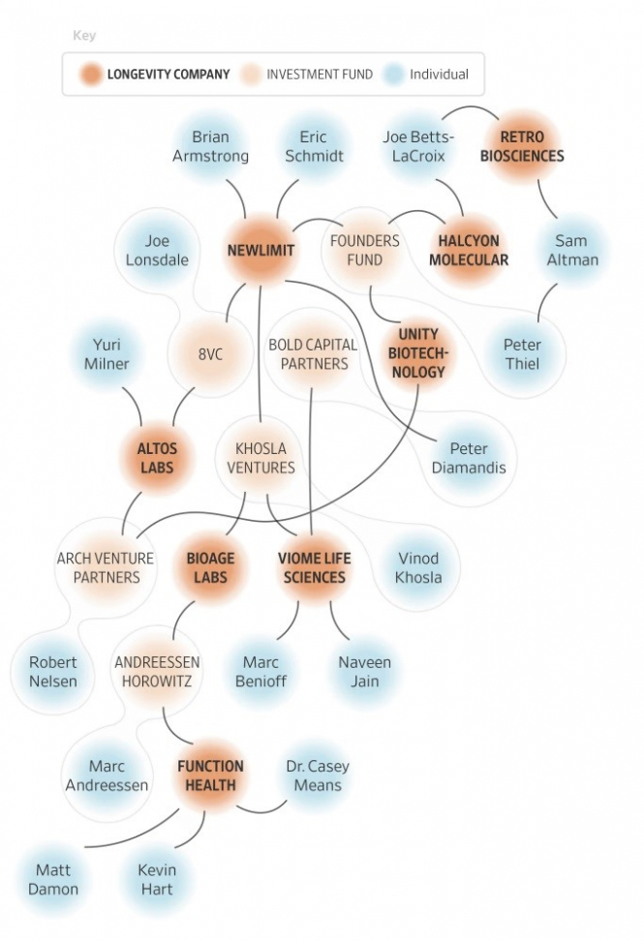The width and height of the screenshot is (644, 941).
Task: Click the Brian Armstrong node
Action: click(210, 146)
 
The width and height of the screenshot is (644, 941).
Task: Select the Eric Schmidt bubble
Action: click(313, 146)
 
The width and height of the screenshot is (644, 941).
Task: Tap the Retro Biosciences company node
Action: click(522, 146)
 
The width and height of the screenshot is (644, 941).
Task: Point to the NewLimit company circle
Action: click(261, 251)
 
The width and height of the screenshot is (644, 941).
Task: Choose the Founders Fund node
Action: click(364, 250)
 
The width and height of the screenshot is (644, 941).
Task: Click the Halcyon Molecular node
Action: click(468, 250)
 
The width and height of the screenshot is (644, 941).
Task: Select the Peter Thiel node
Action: click(522, 354)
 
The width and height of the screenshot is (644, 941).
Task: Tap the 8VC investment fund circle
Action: click(209, 354)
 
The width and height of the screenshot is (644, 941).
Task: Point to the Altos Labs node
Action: click(157, 459)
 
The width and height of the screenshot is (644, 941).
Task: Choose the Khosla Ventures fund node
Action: click(261, 459)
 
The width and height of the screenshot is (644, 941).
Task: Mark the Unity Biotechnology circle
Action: click(417, 354)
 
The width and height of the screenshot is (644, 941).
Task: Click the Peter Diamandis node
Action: click(469, 459)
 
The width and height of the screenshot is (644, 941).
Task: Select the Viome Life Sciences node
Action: click(312, 567)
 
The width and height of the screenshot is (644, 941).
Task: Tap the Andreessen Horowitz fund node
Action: click(157, 672)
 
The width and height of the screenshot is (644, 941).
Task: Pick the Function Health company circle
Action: click(209, 775)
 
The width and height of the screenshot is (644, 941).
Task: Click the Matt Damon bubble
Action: click(53, 879)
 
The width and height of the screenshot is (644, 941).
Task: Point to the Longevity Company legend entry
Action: click(155, 75)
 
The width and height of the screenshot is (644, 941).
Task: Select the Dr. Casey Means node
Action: click(318, 775)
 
